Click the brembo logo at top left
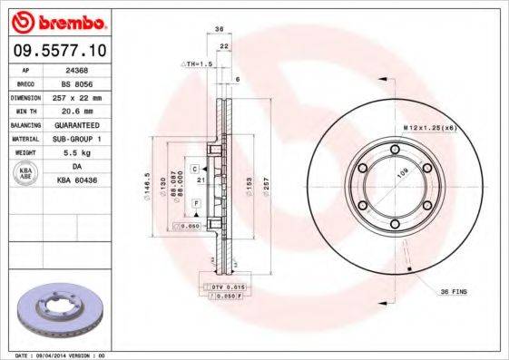[56, 21]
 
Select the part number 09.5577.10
[57, 50]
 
